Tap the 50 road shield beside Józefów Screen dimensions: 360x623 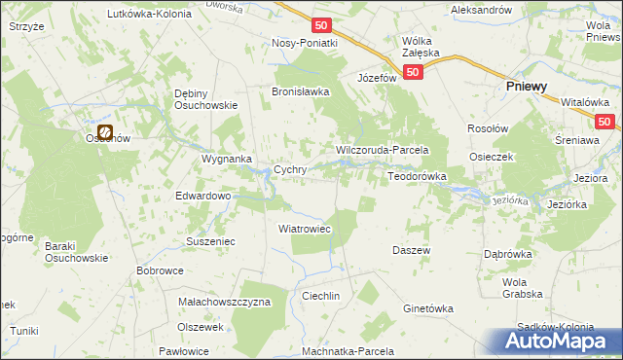[x=414, y=72]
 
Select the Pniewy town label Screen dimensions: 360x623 [x=527, y=86]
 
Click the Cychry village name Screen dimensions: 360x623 [x=290, y=168]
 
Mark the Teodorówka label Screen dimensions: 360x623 [x=417, y=176]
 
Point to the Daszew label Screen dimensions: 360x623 [x=411, y=250]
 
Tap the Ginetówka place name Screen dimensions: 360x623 [x=428, y=308]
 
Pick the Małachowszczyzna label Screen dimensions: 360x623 [x=224, y=303]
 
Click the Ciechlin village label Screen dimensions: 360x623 [x=320, y=295]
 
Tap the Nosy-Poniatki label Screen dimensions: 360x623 [x=305, y=43]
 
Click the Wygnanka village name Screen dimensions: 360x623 [x=226, y=158]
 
